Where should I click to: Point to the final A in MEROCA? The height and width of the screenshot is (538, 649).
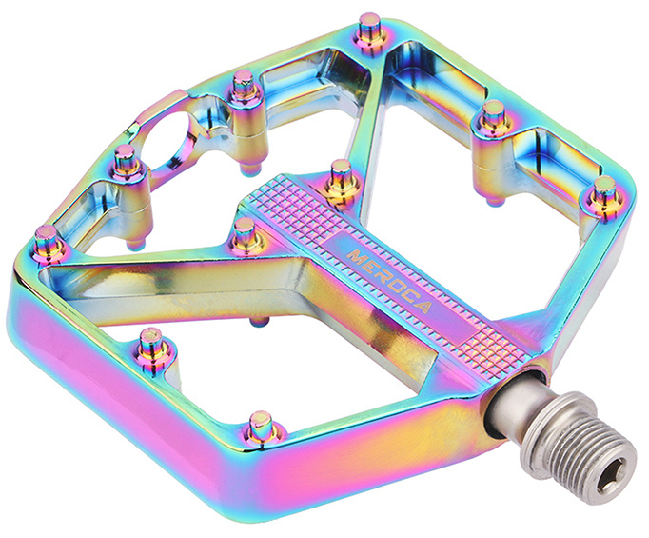(424, 307)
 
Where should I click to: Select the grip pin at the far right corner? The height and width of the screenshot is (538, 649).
(605, 191)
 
